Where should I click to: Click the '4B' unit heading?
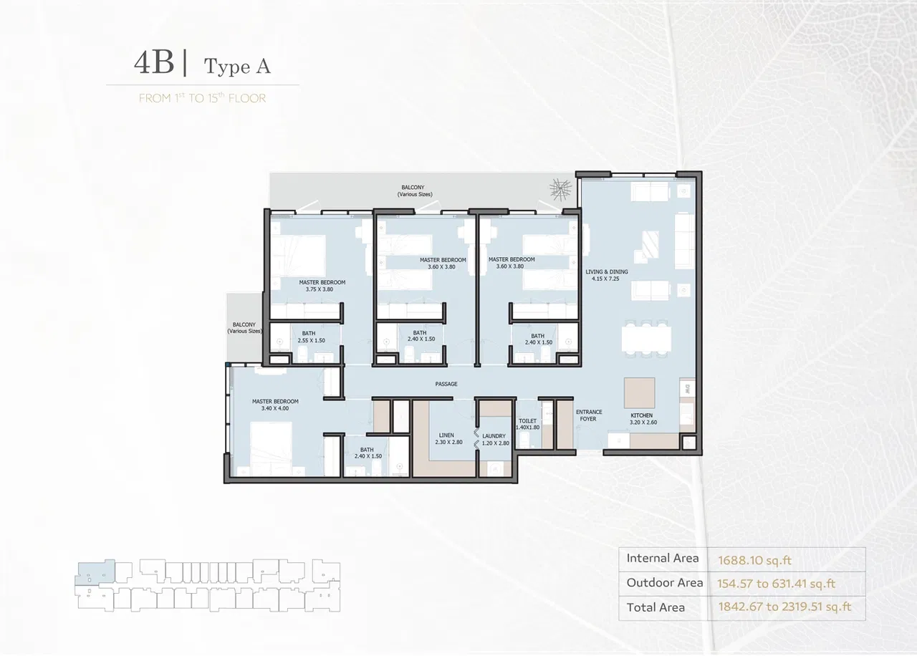point(153,64)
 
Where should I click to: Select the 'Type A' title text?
point(237,67)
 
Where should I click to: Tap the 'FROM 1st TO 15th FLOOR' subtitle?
point(202,98)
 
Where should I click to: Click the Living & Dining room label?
point(606,275)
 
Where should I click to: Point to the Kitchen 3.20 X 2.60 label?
point(643,419)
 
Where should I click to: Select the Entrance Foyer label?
point(589,415)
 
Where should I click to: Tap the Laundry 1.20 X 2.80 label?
point(494,439)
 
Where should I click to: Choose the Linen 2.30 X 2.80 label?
point(448,439)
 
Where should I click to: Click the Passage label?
point(446,385)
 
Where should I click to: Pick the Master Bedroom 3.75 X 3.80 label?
point(322,286)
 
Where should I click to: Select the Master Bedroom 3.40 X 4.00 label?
point(275,405)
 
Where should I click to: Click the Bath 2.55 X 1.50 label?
point(311,337)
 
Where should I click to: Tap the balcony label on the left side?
point(244,328)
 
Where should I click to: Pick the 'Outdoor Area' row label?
point(664,583)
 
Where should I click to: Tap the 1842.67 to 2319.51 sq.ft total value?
point(784,607)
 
